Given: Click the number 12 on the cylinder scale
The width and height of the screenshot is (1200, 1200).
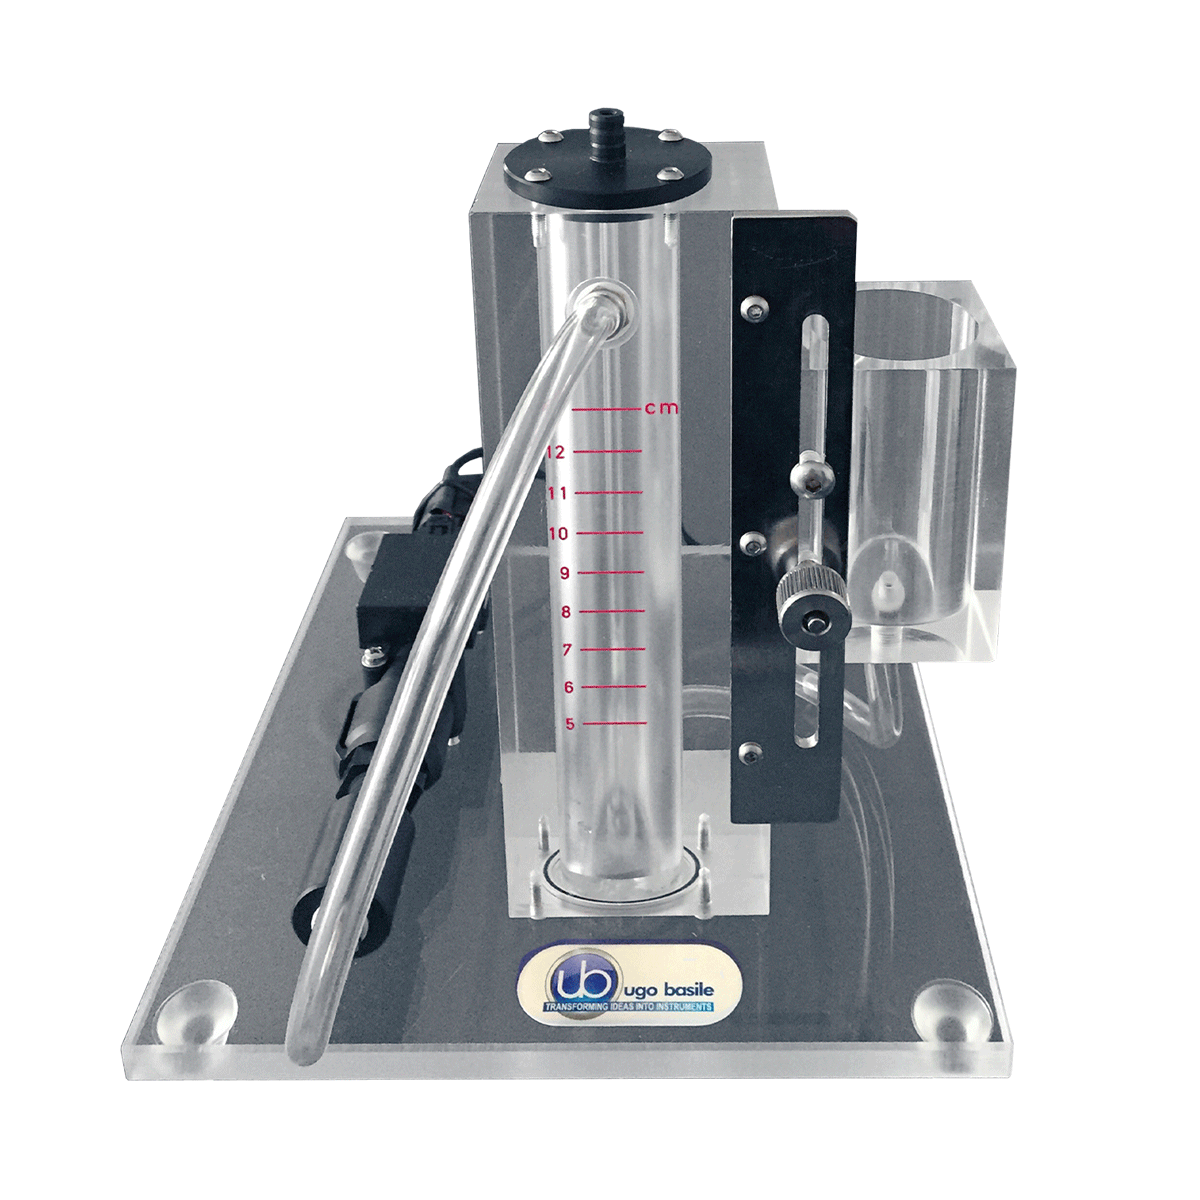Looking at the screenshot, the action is click(x=555, y=452).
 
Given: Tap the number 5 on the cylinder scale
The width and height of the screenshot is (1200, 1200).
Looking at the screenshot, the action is click(x=569, y=724).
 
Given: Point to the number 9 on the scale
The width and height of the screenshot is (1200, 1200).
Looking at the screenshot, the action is click(x=565, y=573).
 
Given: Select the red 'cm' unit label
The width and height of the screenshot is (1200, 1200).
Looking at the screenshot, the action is click(x=661, y=409).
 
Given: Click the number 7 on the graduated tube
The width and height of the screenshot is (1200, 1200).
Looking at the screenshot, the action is click(x=567, y=650).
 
